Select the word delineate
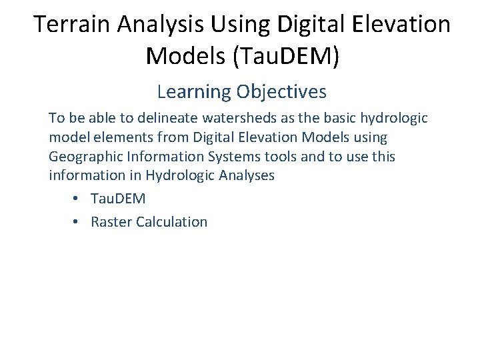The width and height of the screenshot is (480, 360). point(170,118)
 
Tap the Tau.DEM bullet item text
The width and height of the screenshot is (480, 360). point(118,199)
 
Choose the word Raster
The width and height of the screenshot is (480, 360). point(111,222)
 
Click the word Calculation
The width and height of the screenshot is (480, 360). point(172,222)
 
